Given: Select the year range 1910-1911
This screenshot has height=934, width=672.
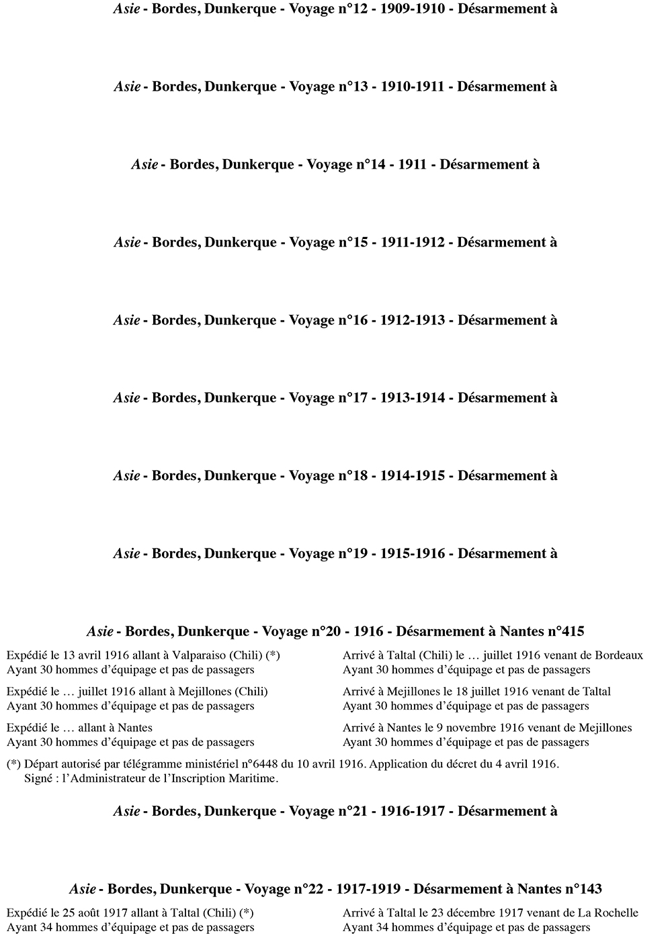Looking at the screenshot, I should (413, 87).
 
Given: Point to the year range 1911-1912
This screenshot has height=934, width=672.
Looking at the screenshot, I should (413, 242).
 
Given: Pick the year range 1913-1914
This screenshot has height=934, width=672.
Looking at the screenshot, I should (413, 398).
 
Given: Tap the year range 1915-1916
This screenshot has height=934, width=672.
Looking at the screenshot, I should (413, 554).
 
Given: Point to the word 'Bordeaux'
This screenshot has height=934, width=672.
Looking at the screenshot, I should (616, 655).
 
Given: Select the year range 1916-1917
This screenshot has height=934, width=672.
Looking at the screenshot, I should (413, 811).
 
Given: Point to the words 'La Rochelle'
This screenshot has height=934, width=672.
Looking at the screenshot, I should (607, 913).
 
